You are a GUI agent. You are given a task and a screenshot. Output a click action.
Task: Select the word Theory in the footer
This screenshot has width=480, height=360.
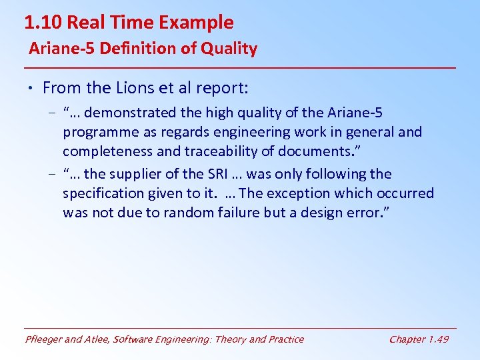point(228,339)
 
